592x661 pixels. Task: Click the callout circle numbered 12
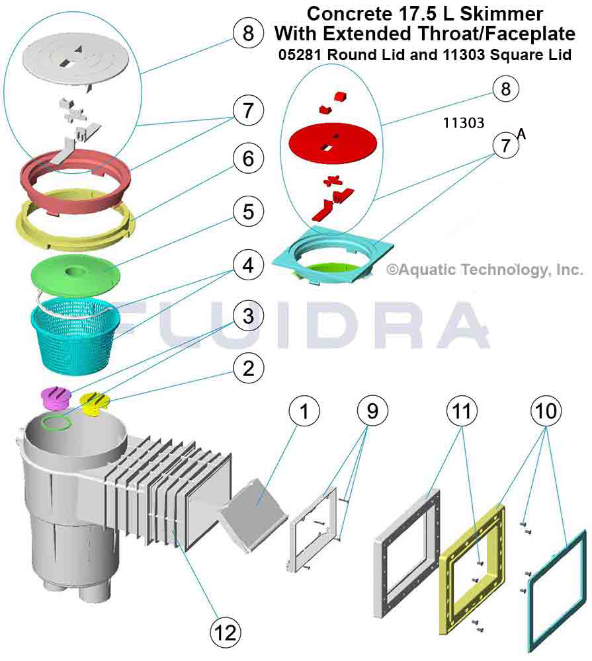(x=226, y=633)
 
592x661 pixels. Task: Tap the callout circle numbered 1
(x=304, y=410)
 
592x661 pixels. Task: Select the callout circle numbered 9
(x=372, y=410)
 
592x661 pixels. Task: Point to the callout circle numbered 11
(x=462, y=410)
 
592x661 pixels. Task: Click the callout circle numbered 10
(x=546, y=410)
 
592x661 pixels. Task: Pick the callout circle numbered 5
(x=249, y=212)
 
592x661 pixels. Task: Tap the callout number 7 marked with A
(x=506, y=146)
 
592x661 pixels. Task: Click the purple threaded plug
(x=56, y=399)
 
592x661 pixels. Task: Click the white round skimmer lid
(x=71, y=59)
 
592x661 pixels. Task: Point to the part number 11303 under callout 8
(x=463, y=123)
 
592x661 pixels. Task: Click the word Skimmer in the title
(x=501, y=14)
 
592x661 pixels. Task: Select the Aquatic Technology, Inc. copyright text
(x=485, y=270)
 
